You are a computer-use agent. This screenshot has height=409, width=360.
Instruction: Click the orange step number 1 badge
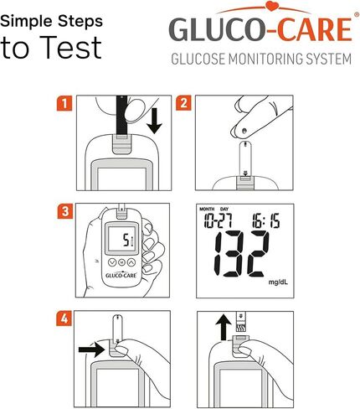click(x=64, y=103)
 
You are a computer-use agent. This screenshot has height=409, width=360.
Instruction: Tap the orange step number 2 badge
click(x=183, y=103)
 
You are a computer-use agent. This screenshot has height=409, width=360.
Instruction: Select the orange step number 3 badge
click(x=65, y=211)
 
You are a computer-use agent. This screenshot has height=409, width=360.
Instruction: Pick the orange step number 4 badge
click(x=64, y=318)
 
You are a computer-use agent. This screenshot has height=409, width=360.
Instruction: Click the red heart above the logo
click(x=271, y=6)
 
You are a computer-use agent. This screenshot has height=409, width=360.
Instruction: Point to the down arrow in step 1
click(x=154, y=121)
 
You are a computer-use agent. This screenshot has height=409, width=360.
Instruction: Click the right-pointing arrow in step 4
click(x=91, y=349)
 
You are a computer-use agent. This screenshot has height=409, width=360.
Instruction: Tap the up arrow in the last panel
click(x=224, y=328)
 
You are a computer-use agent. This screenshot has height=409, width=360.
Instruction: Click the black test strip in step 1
click(x=121, y=116)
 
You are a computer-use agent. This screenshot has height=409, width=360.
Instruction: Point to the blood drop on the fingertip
click(x=244, y=131)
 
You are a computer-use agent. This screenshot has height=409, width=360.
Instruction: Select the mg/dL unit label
click(x=278, y=282)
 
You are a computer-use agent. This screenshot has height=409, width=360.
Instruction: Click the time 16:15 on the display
click(x=266, y=220)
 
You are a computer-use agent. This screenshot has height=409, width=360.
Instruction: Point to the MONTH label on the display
click(x=207, y=209)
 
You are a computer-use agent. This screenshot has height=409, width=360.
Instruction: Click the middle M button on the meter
click(x=121, y=262)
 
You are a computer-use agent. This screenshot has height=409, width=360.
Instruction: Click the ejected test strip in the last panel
click(x=240, y=321)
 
